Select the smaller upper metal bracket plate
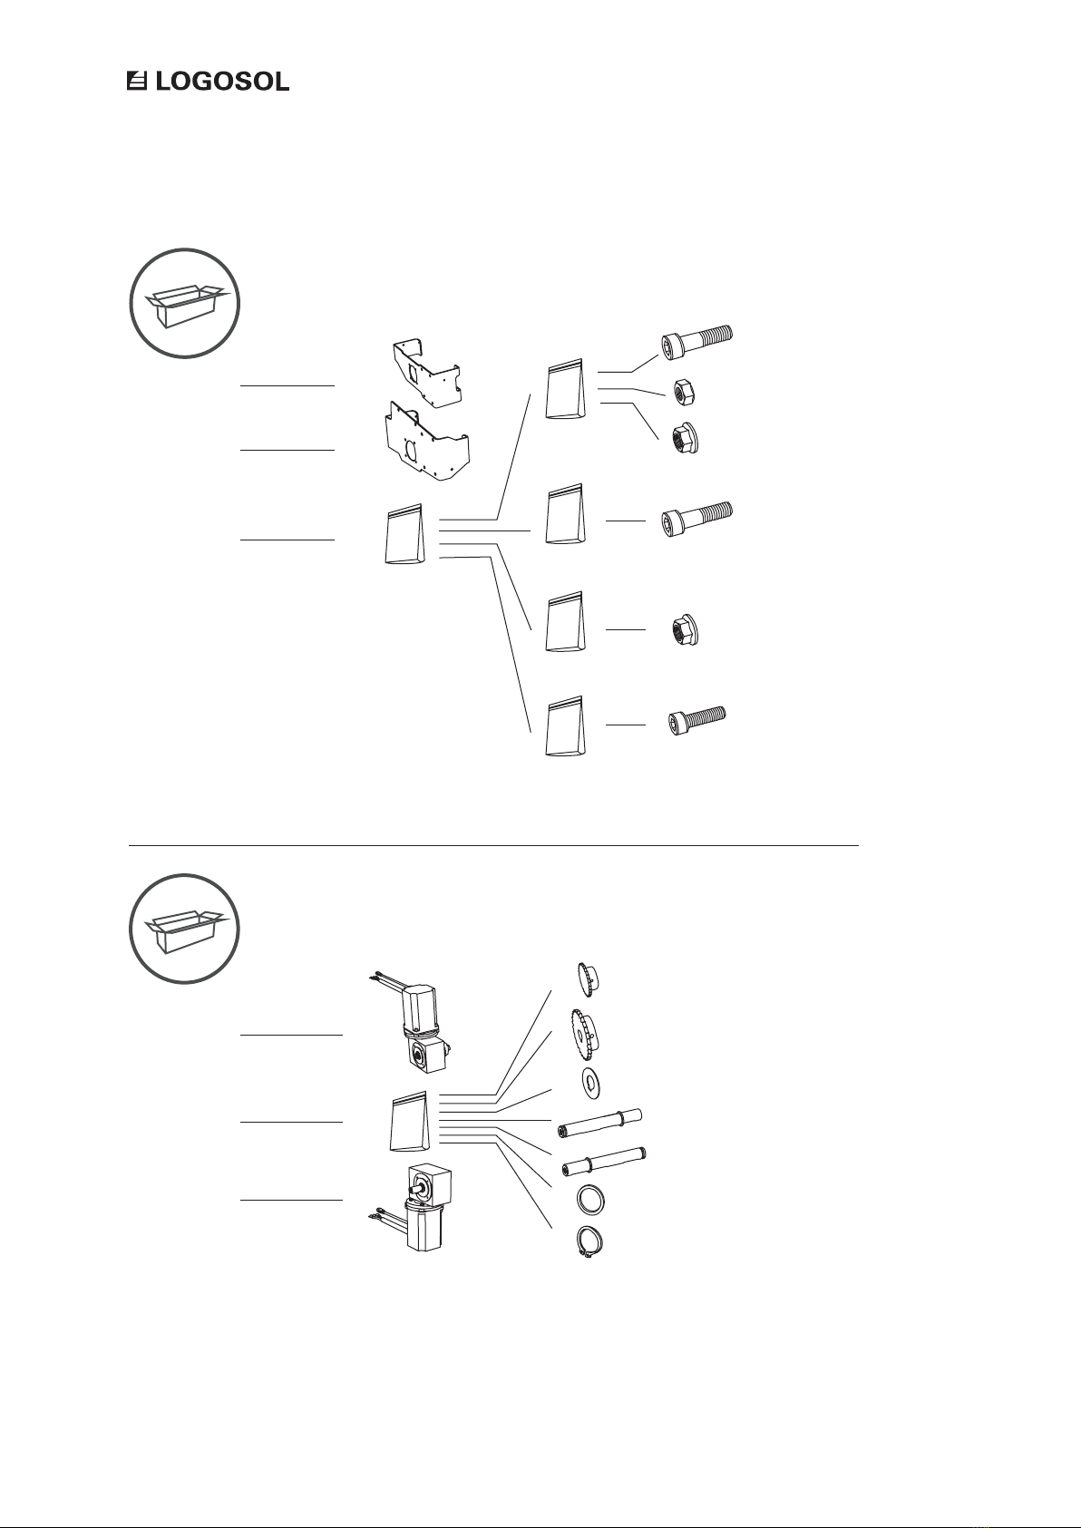(425, 374)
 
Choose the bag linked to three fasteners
(565, 390)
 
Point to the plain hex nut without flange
(684, 393)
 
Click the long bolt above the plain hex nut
(697, 342)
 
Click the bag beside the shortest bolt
(565, 725)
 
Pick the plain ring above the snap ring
(590, 1200)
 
